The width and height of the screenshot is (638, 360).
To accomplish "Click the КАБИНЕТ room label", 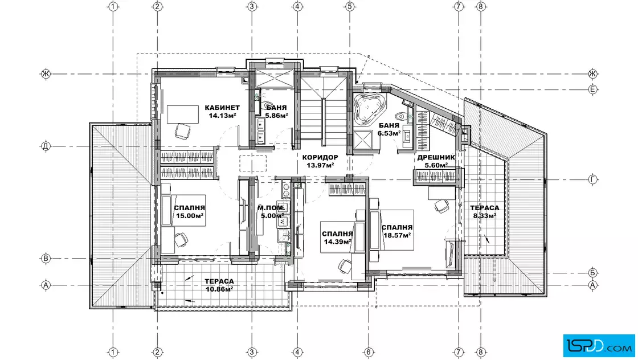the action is click(222, 108).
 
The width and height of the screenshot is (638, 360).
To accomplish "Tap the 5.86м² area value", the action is click(277, 116).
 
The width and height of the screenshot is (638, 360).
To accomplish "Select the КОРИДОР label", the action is click(320, 157).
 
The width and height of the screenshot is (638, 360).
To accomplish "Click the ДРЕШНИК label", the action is click(436, 157).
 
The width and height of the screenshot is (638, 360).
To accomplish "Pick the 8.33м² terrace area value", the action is click(485, 215).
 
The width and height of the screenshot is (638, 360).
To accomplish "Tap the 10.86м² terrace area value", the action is click(219, 289).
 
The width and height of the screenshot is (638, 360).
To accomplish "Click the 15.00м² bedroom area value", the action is click(190, 216).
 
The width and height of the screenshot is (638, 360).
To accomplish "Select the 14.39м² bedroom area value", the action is click(337, 242).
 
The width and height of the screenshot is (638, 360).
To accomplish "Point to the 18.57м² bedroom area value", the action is click(396, 235).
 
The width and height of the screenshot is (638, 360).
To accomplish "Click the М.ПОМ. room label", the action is click(271, 208).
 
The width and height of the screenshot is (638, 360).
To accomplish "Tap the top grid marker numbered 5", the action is click(350, 6).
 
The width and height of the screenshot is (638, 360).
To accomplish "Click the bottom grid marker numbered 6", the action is click(369, 352).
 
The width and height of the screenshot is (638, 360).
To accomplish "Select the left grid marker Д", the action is click(46, 146).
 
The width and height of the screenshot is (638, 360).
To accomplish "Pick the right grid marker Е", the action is click(593, 89).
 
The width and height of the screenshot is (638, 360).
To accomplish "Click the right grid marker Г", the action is click(593, 179).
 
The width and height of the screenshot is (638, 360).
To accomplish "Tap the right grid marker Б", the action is click(593, 272).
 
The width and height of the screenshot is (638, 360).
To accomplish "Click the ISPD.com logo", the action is click(599, 346).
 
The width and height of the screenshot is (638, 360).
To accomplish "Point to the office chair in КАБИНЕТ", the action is click(182, 132).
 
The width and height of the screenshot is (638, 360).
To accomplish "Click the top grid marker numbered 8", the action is click(481, 6).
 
